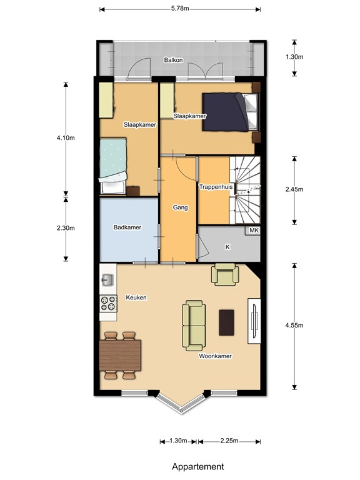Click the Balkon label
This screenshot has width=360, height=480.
(173, 60)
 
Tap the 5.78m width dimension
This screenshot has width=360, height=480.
(180, 9)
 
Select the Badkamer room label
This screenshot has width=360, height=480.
(127, 227)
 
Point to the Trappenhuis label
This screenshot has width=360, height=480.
(216, 187)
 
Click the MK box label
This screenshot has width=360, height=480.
(254, 231)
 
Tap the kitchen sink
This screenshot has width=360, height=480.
(107, 280)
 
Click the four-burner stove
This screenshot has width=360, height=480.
(108, 303)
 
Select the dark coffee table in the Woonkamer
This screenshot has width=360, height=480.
(226, 322)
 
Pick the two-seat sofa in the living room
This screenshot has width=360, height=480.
(194, 326)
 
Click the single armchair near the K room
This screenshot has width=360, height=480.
(225, 274)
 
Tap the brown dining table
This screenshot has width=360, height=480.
(120, 355)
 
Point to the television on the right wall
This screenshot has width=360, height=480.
(254, 321)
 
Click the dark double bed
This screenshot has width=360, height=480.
(230, 112)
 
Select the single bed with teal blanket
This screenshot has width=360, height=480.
(113, 166)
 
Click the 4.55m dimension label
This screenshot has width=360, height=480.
(294, 326)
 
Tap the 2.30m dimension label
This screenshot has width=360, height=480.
(66, 228)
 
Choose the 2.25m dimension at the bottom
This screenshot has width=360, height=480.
(229, 441)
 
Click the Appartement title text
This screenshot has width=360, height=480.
(197, 466)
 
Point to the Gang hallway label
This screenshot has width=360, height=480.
(180, 207)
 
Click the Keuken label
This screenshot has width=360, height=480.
(136, 297)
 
